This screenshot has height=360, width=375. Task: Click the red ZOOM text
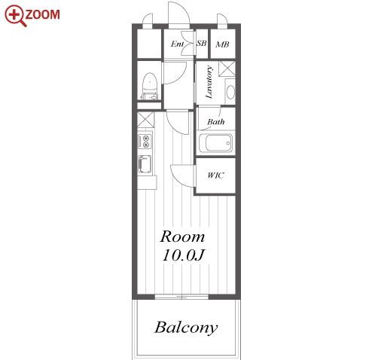click(42, 14)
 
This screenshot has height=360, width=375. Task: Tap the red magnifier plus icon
click(15, 16)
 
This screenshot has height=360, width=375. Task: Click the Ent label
click(177, 44)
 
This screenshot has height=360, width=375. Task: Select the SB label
click(202, 43)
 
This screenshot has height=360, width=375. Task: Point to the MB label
click(222, 44)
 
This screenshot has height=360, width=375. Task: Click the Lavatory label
click(209, 82)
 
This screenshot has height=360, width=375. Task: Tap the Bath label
click(216, 122)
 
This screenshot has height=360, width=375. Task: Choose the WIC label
click(215, 175)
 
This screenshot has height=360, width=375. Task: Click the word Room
click(182, 236)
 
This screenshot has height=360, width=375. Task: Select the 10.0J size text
click(184, 255)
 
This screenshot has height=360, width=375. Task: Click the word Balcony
click(186, 328)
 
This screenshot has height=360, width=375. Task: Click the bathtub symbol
click(215, 143)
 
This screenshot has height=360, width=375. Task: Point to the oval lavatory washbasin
click(230, 92)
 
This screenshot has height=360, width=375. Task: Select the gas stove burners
click(145, 141)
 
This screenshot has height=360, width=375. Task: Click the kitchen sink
click(145, 164)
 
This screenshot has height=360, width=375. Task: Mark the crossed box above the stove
click(145, 120)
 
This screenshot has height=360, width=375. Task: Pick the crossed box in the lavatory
click(227, 69)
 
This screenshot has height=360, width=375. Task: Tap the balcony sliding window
click(181, 297)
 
